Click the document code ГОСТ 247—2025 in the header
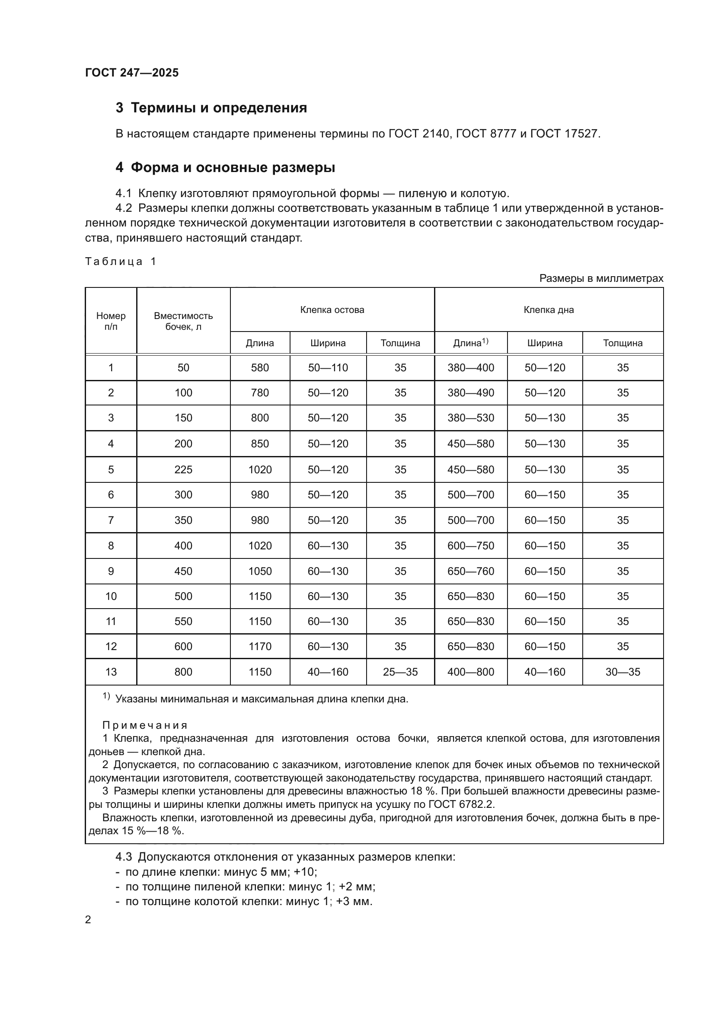tap(132, 73)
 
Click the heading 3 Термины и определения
tap(211, 108)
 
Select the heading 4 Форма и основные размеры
tap(225, 167)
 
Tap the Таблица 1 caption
tap(121, 262)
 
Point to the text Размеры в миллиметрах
tap(601, 278)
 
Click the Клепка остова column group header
tap(332, 309)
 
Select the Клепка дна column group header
tap(549, 309)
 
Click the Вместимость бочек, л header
tap(183, 321)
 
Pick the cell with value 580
tap(260, 368)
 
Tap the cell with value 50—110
tap(328, 368)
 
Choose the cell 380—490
tap(471, 393)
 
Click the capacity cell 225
tap(183, 469)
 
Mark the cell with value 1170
tap(260, 646)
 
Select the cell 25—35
tap(400, 672)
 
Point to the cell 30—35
tap(622, 672)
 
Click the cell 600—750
tap(471, 545)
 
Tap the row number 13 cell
tap(111, 672)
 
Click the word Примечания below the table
tap(145, 725)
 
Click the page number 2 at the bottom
tap(88, 920)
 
